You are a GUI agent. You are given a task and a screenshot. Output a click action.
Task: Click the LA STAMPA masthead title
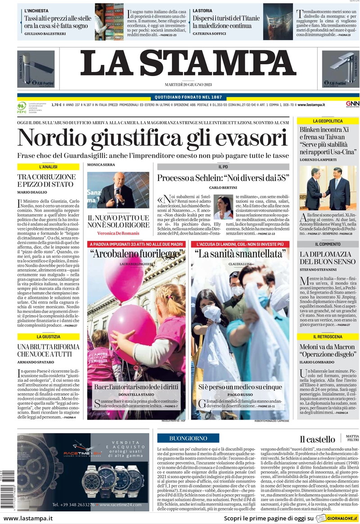tap(188, 63)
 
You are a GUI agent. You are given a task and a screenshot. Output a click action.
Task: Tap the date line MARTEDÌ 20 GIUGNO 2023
tap(188, 85)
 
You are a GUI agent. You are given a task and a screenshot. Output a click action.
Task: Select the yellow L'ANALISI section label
tap(48, 167)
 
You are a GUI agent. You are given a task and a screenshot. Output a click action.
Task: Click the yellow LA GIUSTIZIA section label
tap(48, 336)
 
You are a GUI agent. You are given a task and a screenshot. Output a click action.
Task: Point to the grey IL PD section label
tap(223, 167)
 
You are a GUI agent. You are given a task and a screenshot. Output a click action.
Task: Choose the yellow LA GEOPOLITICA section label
tap(328, 121)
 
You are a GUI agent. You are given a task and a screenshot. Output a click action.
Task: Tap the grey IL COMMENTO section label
tap(328, 244)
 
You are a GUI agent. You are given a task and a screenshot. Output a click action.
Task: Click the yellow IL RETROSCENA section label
tap(328, 337)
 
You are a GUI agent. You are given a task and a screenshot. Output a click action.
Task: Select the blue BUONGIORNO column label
tap(188, 438)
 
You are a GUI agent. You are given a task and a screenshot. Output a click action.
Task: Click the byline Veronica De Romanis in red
tap(118, 233)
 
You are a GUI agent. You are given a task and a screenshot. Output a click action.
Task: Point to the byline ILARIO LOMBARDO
tap(317, 361)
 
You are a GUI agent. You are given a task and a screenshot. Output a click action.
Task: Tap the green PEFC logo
tap(21, 107)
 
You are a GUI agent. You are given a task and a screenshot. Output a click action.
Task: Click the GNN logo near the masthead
tap(352, 104)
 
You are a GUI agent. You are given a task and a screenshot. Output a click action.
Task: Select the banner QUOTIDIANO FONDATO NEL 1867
tap(188, 97)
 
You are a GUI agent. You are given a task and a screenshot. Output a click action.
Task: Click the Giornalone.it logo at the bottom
tap(337, 518)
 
